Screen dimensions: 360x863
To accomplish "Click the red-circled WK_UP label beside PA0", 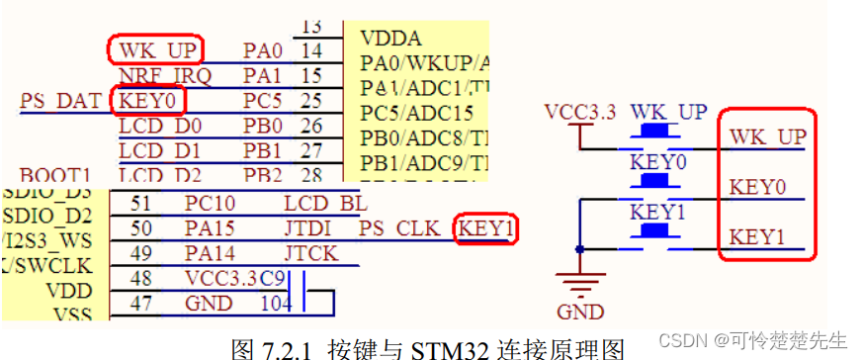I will pyautogui.click(x=154, y=49).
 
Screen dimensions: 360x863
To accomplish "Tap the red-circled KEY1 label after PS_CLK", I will pyautogui.click(x=486, y=229).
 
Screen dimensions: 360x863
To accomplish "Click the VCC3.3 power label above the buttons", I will pyautogui.click(x=581, y=111).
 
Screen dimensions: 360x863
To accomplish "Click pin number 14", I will pyautogui.click(x=312, y=50).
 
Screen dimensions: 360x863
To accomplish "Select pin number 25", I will pyautogui.click(x=312, y=101).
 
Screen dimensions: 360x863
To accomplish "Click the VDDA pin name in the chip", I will pyautogui.click(x=391, y=39).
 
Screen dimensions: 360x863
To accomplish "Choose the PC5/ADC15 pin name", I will pyautogui.click(x=416, y=113).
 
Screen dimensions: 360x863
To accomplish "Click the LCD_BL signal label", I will pyautogui.click(x=324, y=204).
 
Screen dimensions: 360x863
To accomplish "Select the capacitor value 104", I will pyautogui.click(x=277, y=304).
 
